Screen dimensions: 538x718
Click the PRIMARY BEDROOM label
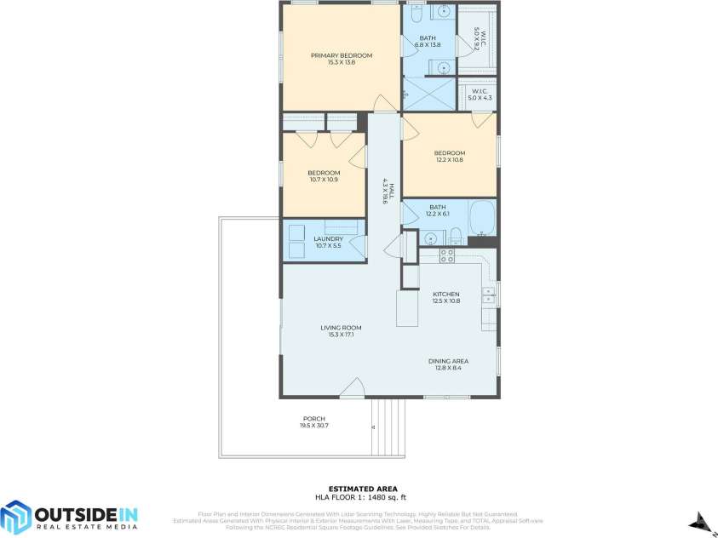(341, 56)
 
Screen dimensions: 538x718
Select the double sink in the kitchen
(489, 295)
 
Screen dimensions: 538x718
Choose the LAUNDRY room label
(328, 239)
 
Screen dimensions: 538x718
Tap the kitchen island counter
(407, 307)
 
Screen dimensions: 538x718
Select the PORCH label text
(313, 419)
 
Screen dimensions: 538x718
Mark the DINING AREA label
(448, 361)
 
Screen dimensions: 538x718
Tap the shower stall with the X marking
(429, 94)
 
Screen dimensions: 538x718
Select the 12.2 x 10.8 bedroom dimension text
(449, 160)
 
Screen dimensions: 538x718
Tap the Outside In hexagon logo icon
(15, 517)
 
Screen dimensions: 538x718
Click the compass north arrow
(700, 520)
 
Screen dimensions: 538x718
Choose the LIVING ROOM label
(341, 328)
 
